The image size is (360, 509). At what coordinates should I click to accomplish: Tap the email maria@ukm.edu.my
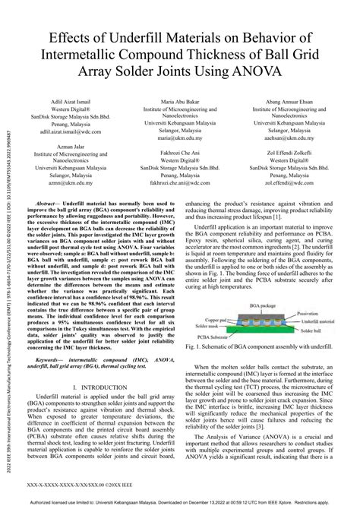pyautogui.click(x=181, y=139)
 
